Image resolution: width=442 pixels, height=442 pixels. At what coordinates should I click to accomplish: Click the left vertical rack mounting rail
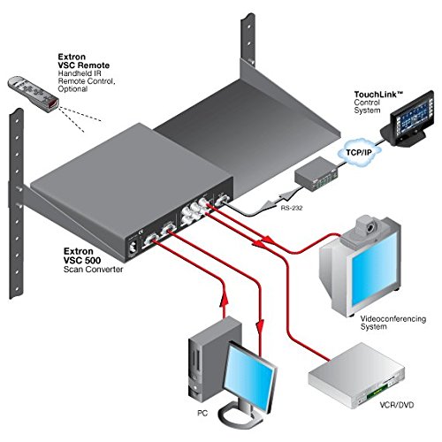[x=15, y=177]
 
